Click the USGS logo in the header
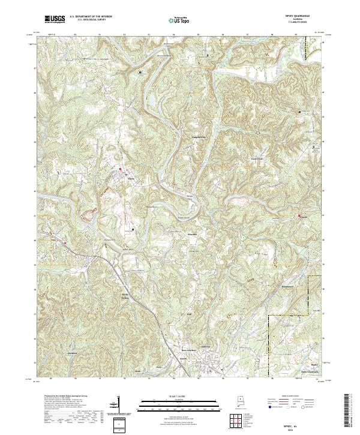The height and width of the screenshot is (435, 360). pyautogui.click(x=55, y=20)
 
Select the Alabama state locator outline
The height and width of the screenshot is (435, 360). pyautogui.click(x=237, y=402)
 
